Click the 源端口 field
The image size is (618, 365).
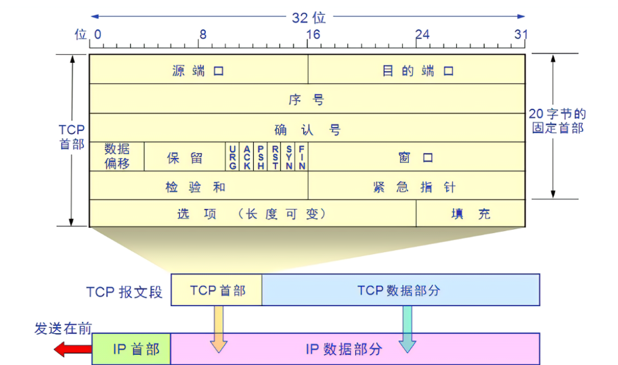click(x=198, y=70)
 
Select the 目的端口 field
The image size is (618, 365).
click(x=417, y=70)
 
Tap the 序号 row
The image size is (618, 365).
click(x=307, y=99)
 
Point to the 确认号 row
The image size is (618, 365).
click(x=307, y=128)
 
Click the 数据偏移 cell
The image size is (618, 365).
click(x=117, y=157)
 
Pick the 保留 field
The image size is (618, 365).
click(x=185, y=157)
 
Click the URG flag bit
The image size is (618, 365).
click(x=233, y=157)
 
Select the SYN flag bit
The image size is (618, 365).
click(x=289, y=157)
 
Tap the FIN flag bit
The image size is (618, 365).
click(x=302, y=157)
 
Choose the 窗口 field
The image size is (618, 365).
click(x=417, y=157)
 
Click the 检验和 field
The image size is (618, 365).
click(x=198, y=187)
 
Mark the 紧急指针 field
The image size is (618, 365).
click(x=417, y=187)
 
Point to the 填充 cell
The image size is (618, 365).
click(x=471, y=214)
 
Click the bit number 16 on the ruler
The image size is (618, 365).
click(x=312, y=34)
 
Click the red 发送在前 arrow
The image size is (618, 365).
click(x=72, y=349)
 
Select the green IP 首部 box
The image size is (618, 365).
click(x=131, y=349)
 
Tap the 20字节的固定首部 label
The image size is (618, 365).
click(x=558, y=121)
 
